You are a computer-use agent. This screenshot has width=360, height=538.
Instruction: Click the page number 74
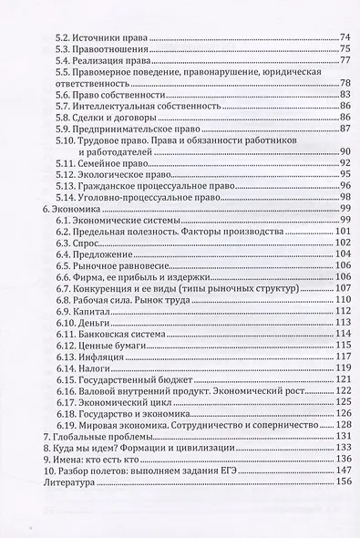click(x=345, y=36)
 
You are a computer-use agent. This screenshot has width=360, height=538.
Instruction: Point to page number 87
click(x=345, y=129)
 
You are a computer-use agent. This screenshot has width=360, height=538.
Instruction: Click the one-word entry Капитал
click(x=95, y=311)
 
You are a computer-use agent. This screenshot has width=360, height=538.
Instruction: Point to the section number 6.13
click(x=66, y=357)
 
